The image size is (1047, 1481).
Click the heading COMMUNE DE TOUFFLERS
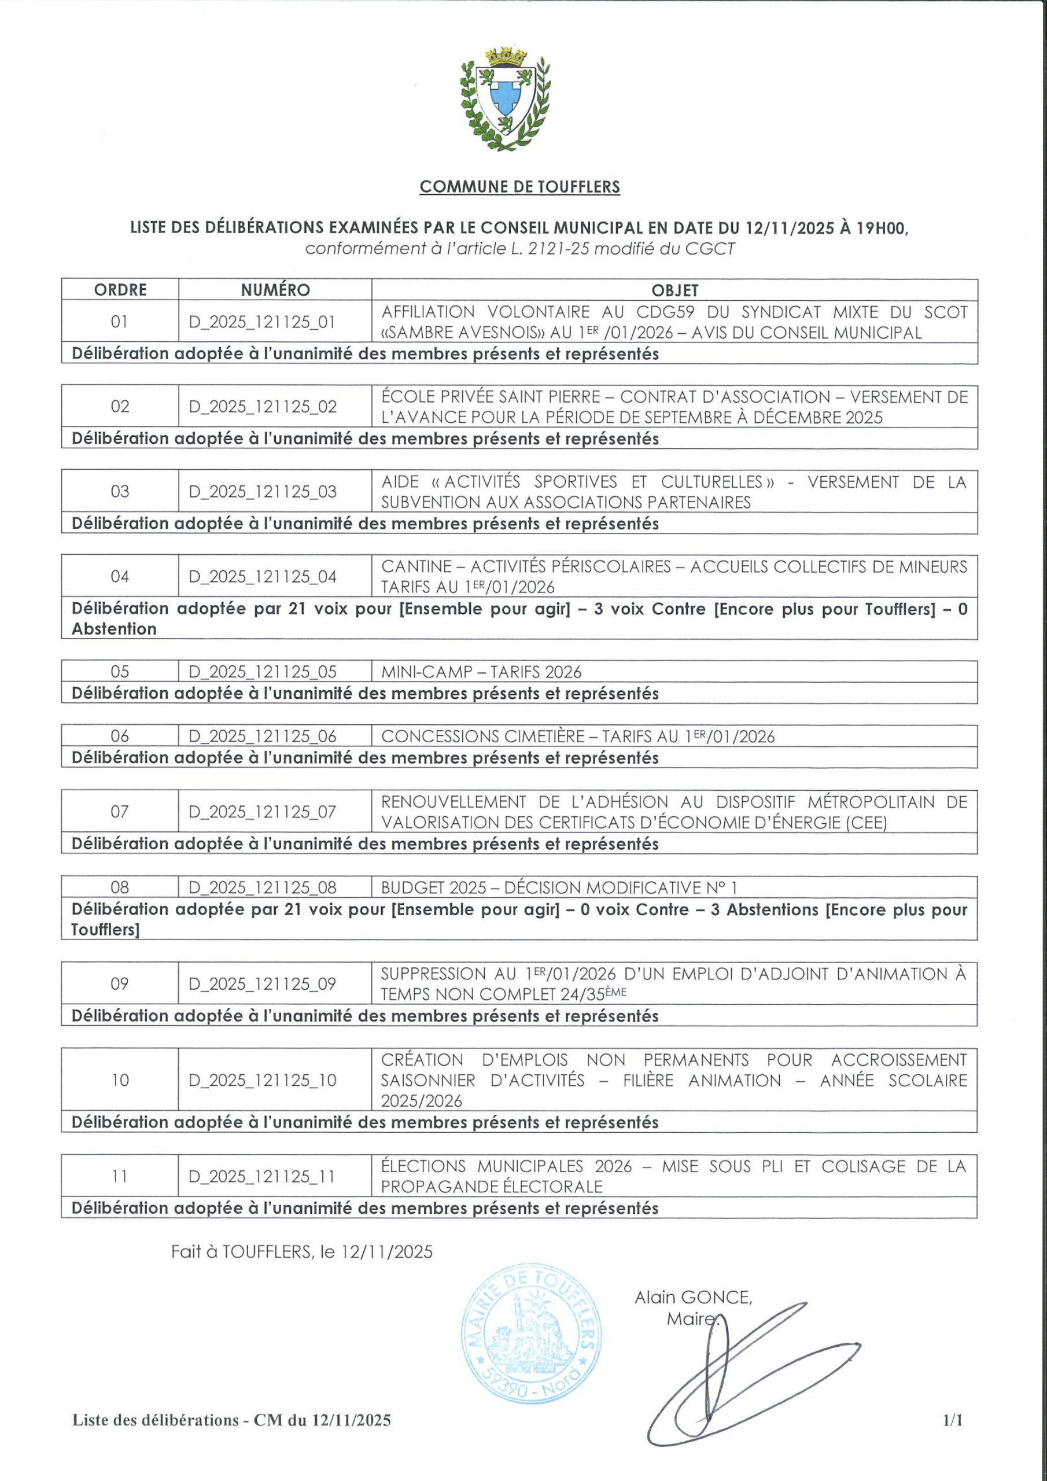(519, 187)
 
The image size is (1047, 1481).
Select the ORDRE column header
(120, 290)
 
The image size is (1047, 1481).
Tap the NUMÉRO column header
(275, 290)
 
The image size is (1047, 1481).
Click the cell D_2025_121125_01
(262, 322)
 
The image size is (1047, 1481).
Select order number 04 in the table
(120, 576)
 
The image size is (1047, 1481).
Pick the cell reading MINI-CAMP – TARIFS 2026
(481, 672)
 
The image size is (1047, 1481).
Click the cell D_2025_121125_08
(262, 887)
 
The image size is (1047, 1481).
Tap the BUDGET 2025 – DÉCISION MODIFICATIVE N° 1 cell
(558, 887)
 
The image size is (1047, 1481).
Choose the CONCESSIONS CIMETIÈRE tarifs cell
(577, 736)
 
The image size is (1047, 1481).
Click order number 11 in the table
(120, 1177)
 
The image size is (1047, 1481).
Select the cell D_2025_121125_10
(262, 1081)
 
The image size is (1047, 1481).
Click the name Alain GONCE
(693, 1296)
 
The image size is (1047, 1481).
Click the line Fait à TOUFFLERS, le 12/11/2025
(301, 1251)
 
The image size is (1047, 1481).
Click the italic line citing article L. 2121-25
(519, 248)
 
